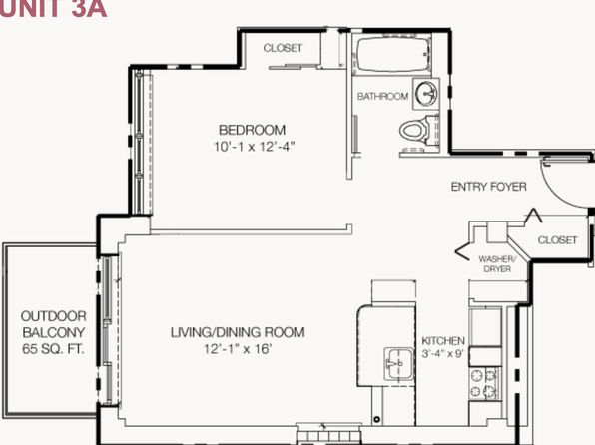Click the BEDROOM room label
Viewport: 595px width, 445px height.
(x=252, y=130)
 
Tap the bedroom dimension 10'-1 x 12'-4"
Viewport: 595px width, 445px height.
(x=254, y=146)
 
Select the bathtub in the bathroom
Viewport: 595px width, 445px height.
(x=393, y=54)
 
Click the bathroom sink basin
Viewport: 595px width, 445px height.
(x=426, y=93)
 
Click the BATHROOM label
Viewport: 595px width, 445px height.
(x=382, y=96)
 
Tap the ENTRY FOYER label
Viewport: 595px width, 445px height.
(x=489, y=187)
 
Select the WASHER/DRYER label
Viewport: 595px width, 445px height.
(x=497, y=264)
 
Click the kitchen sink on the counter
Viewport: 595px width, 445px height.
(x=399, y=364)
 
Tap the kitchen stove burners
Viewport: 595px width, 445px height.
(x=483, y=383)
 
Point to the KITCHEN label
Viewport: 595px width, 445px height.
(x=443, y=340)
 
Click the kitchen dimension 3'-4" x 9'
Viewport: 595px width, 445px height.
(x=443, y=353)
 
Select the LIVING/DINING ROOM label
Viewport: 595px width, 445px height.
(x=238, y=332)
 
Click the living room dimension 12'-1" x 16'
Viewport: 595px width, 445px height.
(x=238, y=348)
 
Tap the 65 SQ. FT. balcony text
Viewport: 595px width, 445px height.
(x=53, y=349)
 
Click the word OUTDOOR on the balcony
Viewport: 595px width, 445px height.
(x=54, y=316)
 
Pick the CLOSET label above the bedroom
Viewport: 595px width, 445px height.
(x=284, y=48)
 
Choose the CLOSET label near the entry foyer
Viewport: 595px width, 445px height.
(x=557, y=240)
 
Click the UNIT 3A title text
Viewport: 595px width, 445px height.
(x=53, y=8)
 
